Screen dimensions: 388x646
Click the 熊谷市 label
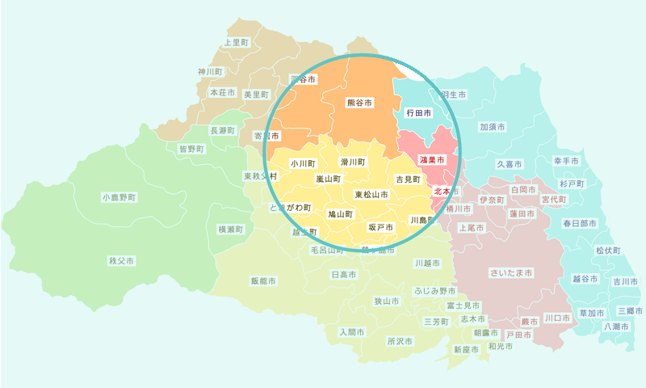click(x=359, y=103)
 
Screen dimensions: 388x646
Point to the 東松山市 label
click(x=371, y=195)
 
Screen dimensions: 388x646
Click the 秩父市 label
click(x=121, y=261)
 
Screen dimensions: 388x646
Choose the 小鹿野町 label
click(x=119, y=197)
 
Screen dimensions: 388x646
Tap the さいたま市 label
click(x=511, y=273)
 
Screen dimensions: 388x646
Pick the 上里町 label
click(x=237, y=42)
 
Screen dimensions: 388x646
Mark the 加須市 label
click(x=493, y=127)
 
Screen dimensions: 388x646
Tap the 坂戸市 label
click(x=380, y=228)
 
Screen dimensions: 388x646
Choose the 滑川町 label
click(x=353, y=162)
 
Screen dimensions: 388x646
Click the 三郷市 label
click(x=630, y=310)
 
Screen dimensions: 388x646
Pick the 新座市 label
click(x=465, y=350)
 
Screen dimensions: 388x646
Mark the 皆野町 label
click(x=191, y=149)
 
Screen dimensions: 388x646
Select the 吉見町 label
click(x=408, y=179)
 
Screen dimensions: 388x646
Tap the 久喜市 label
click(x=510, y=164)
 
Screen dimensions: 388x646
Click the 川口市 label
click(x=557, y=318)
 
